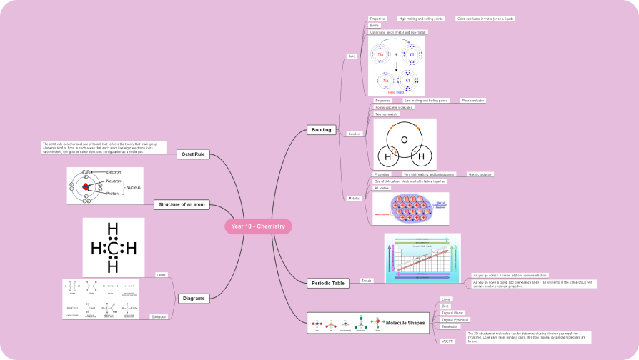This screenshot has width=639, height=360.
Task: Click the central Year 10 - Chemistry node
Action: (258, 226)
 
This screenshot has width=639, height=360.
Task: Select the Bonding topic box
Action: (322, 130)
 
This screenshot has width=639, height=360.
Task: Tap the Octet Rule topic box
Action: (193, 154)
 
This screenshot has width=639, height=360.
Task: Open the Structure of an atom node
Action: (182, 205)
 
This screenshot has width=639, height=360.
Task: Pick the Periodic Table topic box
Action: (328, 283)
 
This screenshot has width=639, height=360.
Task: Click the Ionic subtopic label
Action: (352, 56)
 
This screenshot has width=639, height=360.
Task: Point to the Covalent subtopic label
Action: (354, 134)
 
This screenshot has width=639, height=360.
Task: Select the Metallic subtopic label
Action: (354, 198)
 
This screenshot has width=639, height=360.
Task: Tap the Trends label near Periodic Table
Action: (367, 281)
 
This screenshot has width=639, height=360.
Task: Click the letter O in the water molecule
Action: (404, 140)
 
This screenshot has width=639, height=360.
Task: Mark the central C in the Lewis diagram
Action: (113, 249)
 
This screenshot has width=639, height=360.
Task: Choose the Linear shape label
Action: (446, 299)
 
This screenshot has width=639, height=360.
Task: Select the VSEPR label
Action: (448, 341)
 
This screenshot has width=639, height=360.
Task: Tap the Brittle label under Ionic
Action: (375, 25)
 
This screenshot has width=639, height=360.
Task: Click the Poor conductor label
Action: (473, 101)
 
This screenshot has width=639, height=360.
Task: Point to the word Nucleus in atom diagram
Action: (133, 187)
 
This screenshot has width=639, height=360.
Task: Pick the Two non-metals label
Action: (387, 114)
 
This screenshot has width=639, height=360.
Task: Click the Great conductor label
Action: (480, 174)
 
